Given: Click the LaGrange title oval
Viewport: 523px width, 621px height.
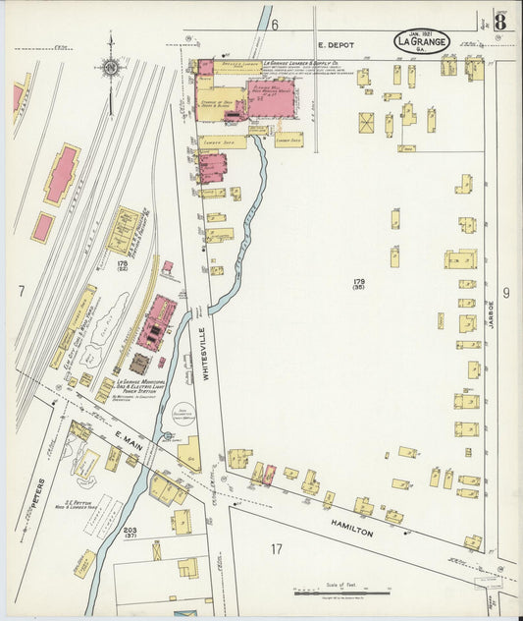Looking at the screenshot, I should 423,42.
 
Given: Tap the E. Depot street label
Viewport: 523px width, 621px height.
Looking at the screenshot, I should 334,44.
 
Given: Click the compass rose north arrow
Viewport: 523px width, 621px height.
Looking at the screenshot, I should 110,67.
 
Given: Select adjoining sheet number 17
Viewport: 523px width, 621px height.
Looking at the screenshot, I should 277,548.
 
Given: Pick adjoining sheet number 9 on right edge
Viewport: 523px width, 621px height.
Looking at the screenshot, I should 506,292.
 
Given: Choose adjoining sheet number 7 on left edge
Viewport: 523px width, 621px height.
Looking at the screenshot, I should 21,292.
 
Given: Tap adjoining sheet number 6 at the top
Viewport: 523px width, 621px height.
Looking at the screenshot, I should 276,24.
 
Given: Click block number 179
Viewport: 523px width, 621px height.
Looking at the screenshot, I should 360,283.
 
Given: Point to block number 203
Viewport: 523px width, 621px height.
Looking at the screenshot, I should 131,531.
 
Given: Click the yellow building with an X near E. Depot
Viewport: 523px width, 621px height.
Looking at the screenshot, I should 366,123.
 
